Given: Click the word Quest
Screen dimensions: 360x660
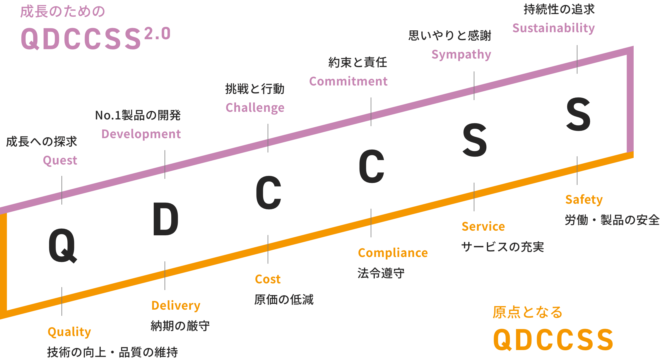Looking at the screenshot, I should point(60,160).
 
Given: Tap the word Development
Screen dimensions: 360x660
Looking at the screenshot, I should point(141,134).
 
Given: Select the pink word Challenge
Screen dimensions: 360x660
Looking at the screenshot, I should point(255,108).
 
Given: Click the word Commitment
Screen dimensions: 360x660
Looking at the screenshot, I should point(348,81).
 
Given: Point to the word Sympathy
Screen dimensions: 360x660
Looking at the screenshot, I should point(461,55).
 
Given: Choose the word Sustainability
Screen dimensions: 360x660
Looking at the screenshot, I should point(553,28).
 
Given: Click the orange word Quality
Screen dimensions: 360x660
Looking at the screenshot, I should point(69,332).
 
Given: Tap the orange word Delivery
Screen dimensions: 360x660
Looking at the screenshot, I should point(176,306).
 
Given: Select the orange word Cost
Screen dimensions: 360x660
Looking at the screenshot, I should point(268,279).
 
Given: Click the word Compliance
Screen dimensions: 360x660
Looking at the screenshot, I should point(393,253).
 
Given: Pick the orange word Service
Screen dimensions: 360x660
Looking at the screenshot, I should point(483,227).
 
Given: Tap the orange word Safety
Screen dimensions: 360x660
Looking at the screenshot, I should point(584,200).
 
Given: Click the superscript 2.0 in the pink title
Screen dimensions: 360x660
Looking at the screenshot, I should point(157,33).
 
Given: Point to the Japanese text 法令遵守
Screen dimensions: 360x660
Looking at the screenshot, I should point(381,273).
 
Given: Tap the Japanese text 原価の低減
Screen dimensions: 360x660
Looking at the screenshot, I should point(283,300).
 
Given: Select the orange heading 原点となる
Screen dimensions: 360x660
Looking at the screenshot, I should point(527,312).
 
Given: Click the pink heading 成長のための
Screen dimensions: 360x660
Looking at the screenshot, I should point(62,12).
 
